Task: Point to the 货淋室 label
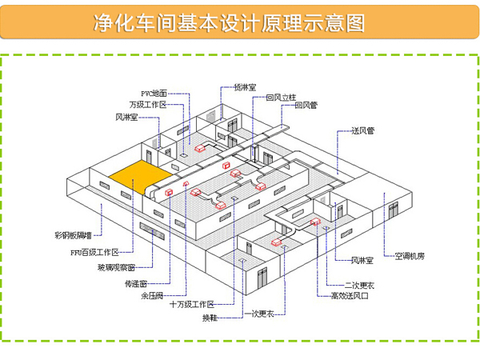point(245,86)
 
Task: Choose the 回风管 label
point(306,105)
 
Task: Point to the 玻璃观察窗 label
point(116,267)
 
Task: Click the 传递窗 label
point(135,283)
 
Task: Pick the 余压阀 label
point(151,295)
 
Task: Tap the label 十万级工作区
point(192,305)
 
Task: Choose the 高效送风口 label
point(350,296)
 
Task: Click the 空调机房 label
point(409,257)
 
